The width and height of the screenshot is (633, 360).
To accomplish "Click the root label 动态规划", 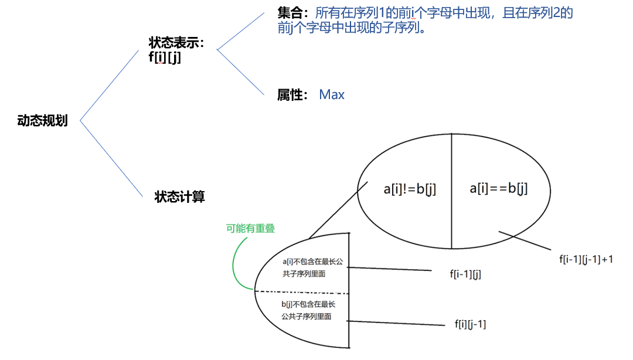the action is pyautogui.click(x=42, y=121).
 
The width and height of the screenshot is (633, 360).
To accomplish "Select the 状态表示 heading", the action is pyautogui.click(x=176, y=43).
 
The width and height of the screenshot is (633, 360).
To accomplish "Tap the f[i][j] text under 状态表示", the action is pyautogui.click(x=165, y=57).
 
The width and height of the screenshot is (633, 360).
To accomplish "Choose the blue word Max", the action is pyautogui.click(x=332, y=94).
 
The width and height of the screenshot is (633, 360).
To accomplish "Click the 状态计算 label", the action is pyautogui.click(x=180, y=196).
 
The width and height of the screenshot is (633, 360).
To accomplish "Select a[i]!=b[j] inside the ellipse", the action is pyautogui.click(x=410, y=189).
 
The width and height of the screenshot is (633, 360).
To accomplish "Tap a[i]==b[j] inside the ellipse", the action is pyautogui.click(x=499, y=189).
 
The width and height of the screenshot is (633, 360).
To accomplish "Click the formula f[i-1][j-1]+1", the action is pyautogui.click(x=586, y=258).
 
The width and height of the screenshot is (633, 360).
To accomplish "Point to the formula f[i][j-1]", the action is pyautogui.click(x=470, y=324).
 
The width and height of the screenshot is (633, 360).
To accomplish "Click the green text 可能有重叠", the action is pyautogui.click(x=250, y=229).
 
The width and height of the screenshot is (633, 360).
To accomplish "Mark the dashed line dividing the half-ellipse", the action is pyautogui.click(x=302, y=291).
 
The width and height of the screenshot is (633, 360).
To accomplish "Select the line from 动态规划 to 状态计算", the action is pyautogui.click(x=111, y=158).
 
